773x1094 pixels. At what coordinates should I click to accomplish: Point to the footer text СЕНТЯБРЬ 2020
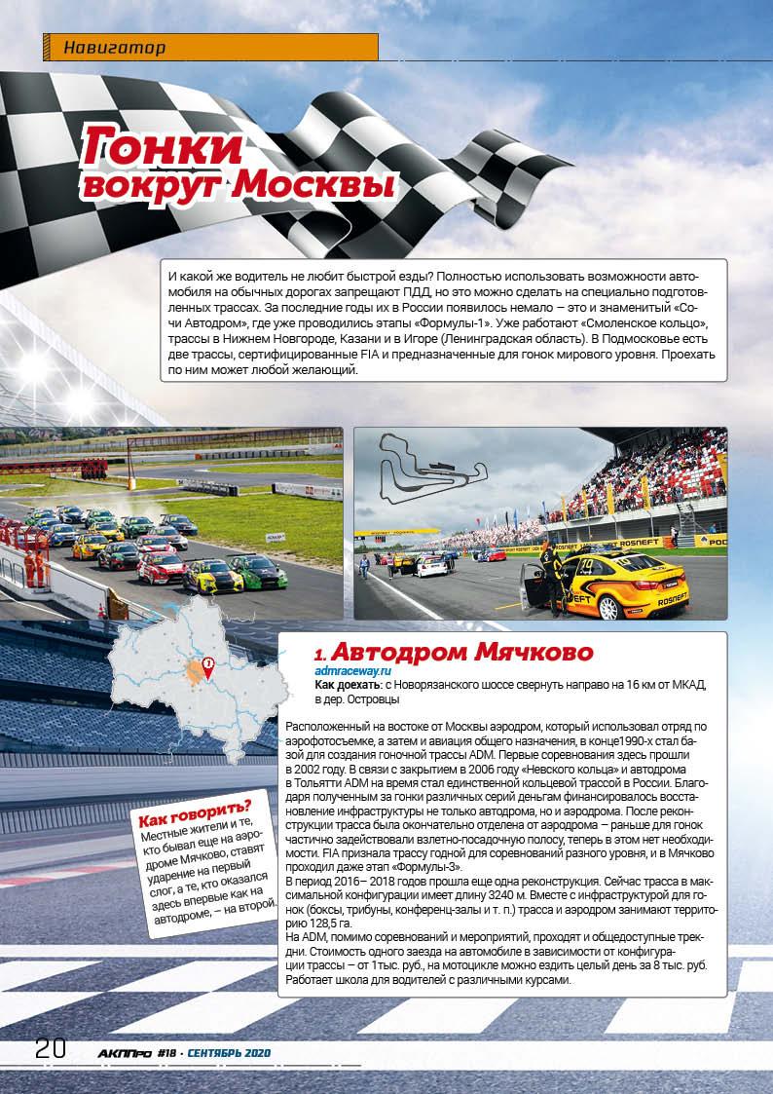[x=229, y=1053]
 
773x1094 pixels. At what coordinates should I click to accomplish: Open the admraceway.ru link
[x=352, y=671]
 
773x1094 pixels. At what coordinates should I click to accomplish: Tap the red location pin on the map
[x=207, y=666]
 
